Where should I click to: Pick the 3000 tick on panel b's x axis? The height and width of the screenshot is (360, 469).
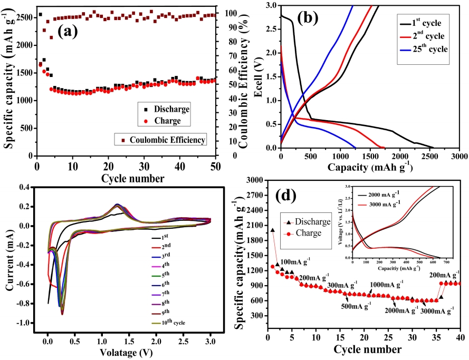459,157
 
